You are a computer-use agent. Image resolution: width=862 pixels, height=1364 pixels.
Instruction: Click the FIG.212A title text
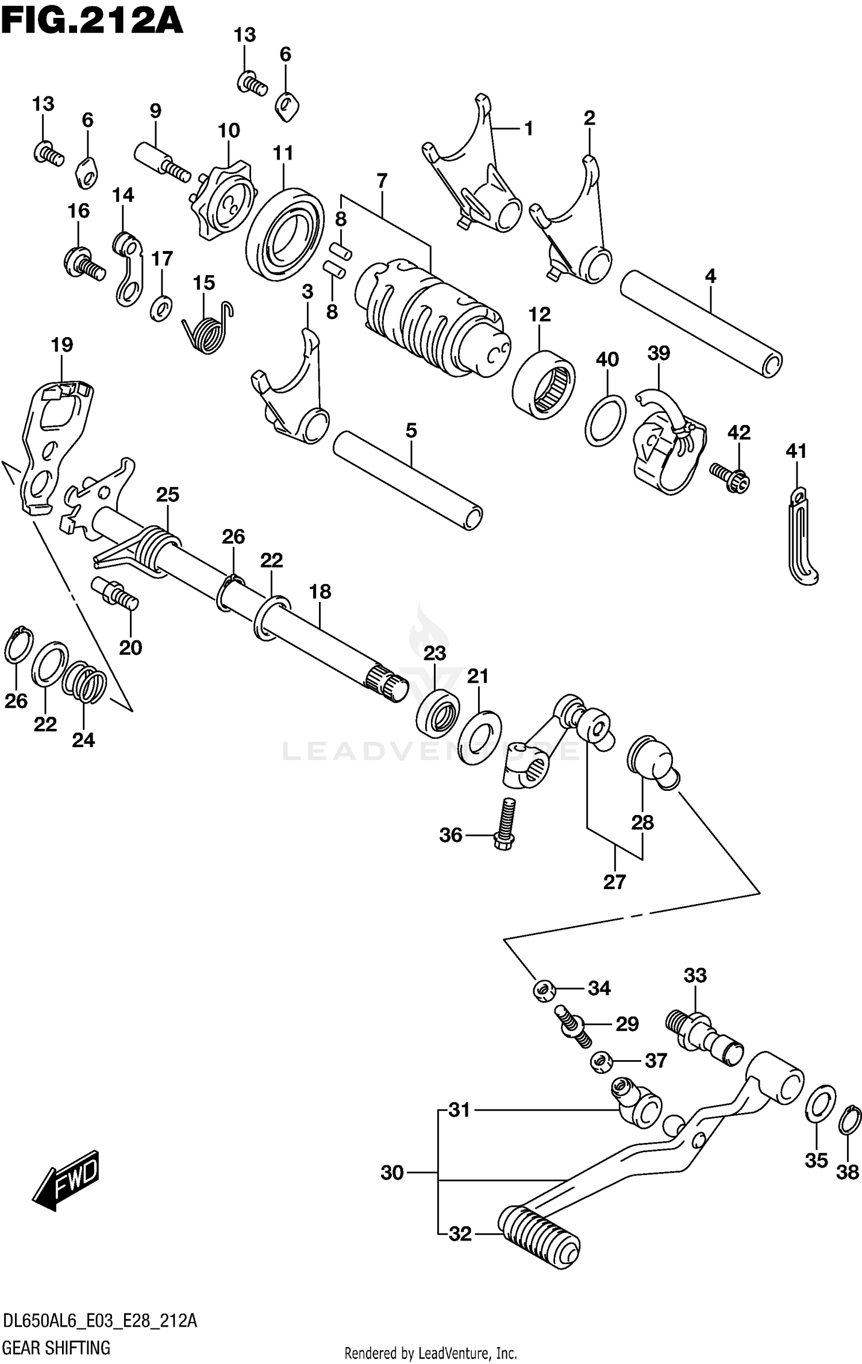click(x=92, y=22)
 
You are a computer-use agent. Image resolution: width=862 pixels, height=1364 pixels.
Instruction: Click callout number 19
click(x=62, y=345)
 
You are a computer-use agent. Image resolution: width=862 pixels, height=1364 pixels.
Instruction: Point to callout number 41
click(x=796, y=451)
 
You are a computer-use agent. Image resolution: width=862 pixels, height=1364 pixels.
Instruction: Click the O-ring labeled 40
click(x=606, y=420)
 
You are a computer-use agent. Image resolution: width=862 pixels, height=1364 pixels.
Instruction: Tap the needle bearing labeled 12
click(x=544, y=384)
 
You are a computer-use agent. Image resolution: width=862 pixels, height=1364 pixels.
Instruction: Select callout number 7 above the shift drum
click(x=382, y=181)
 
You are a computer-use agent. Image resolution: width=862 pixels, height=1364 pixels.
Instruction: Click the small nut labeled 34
click(x=542, y=989)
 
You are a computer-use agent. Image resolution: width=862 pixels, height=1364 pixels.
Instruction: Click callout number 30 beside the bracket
click(x=392, y=1173)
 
